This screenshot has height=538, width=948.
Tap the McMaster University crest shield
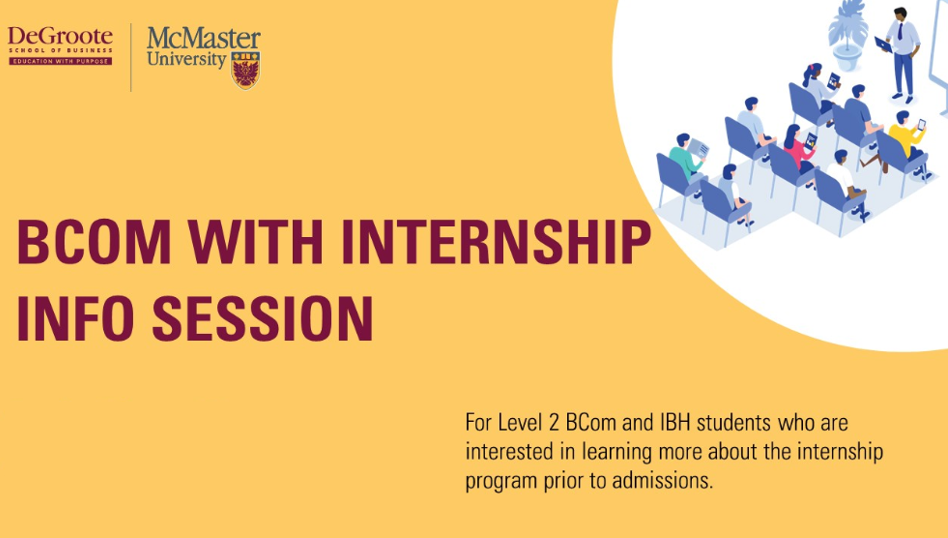(x=245, y=70)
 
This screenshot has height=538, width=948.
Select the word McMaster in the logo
(x=204, y=38)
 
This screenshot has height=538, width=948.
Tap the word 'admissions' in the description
(x=662, y=481)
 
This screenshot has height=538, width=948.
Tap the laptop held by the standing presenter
(x=883, y=44)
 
